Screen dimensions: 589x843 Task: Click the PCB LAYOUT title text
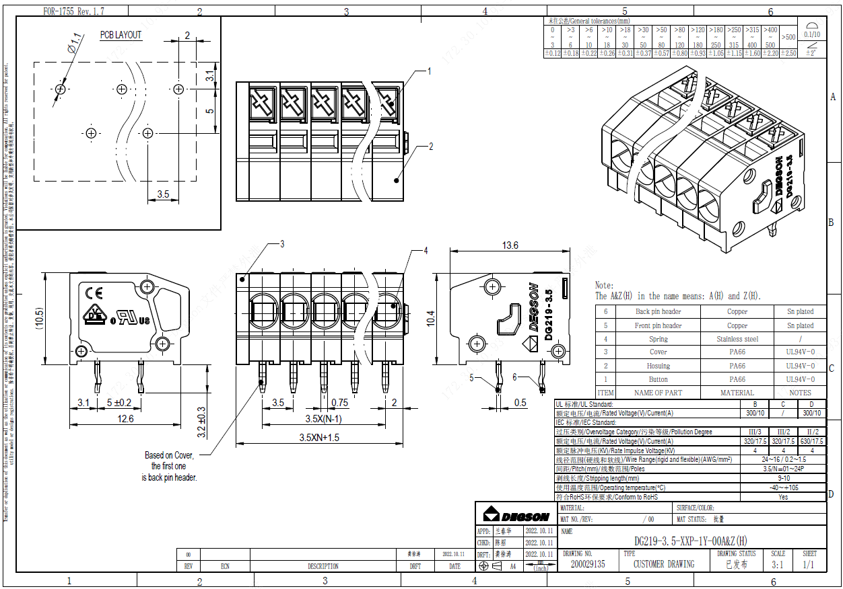121,35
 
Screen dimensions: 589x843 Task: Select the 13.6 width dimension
510,245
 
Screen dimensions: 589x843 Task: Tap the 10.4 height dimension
431,317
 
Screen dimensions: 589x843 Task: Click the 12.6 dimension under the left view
125,419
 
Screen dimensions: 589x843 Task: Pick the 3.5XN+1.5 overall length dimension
320,437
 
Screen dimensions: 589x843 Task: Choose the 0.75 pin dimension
339,403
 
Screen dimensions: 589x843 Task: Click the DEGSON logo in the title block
516,516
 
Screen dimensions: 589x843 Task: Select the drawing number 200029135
588,564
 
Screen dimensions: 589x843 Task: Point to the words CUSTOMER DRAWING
663,564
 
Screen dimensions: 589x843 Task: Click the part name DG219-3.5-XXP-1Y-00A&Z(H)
690,541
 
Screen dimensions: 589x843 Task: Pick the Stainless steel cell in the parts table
737,339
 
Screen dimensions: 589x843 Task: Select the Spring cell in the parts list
658,339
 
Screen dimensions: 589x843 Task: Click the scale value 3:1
777,564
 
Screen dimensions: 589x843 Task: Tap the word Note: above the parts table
604,286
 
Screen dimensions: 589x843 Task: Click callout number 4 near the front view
426,251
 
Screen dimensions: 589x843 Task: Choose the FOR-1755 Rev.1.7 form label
74,11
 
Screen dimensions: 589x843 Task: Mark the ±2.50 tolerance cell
788,53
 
